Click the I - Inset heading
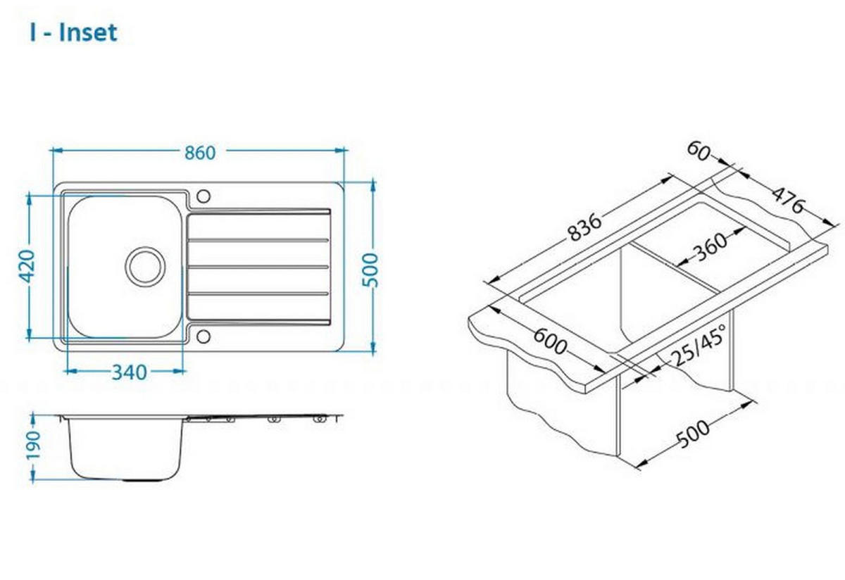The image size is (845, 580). [73, 32]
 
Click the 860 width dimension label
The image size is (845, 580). [200, 153]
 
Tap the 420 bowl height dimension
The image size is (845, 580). [27, 266]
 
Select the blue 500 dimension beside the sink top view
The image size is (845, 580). [370, 270]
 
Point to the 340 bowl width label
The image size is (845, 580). [130, 372]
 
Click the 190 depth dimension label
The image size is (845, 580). [33, 445]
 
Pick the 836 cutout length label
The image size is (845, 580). [584, 227]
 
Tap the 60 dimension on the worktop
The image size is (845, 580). [698, 151]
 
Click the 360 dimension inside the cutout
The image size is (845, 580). [711, 247]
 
